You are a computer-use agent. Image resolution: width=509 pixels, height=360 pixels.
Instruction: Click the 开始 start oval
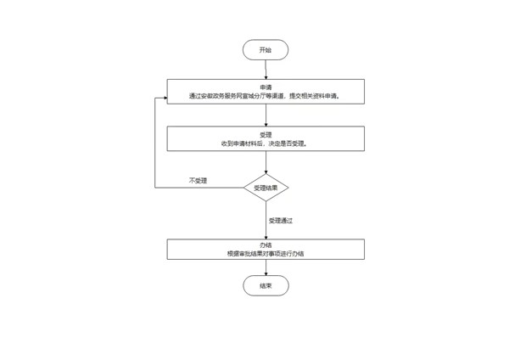(x=266, y=50)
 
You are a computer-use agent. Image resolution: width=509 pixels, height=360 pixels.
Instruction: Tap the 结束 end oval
(x=266, y=286)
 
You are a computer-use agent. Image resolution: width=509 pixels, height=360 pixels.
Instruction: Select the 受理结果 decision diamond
(x=266, y=187)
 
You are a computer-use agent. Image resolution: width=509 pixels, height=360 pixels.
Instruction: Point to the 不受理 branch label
(x=198, y=181)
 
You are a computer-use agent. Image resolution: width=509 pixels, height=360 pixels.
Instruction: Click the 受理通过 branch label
(x=280, y=220)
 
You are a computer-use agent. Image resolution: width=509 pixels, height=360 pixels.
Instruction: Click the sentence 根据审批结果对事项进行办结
(x=266, y=253)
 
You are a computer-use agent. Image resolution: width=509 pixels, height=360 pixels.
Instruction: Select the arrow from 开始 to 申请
(x=266, y=70)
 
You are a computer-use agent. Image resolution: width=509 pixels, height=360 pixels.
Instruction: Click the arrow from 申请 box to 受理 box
(x=266, y=116)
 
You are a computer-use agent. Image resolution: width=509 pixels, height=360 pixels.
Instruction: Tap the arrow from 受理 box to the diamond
(x=266, y=162)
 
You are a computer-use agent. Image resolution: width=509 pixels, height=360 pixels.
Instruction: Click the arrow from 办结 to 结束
(x=266, y=268)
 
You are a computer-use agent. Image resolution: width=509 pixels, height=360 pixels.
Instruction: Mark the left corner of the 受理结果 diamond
(x=244, y=187)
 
